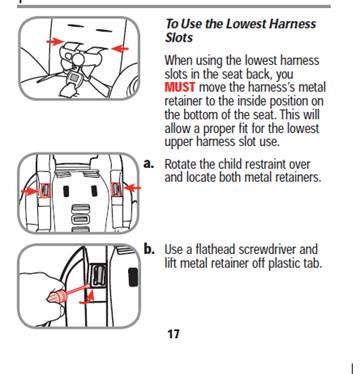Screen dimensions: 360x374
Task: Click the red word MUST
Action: coord(180,87)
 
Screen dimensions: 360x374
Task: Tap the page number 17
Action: coord(173,334)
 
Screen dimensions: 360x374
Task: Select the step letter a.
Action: coord(149,164)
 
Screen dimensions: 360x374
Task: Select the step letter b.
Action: coord(149,249)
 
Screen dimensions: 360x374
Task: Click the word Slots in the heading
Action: coord(179,38)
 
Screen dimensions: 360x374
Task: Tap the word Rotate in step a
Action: coord(180,164)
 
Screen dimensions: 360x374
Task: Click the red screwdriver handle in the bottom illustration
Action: coord(55,296)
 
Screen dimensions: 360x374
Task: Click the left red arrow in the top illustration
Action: coord(55,42)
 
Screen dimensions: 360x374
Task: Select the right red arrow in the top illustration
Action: coord(120,49)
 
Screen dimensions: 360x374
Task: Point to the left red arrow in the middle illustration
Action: coord(30,191)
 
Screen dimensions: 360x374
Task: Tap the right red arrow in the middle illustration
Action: coord(132,189)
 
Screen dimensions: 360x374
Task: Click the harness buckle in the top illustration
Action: coord(76,79)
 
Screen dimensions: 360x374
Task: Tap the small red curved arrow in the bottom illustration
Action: coord(87,298)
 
